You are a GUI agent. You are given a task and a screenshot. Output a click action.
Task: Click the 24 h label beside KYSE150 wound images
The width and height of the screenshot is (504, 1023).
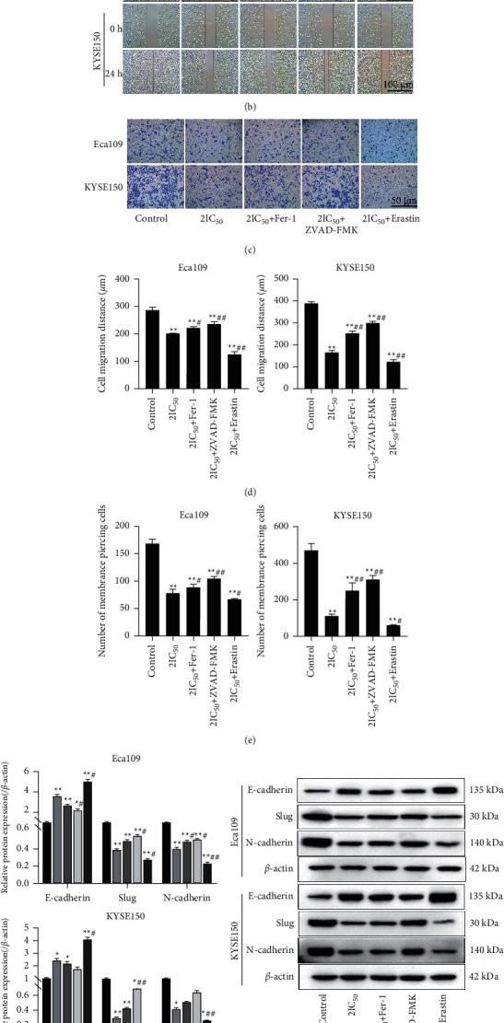coord(111,72)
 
